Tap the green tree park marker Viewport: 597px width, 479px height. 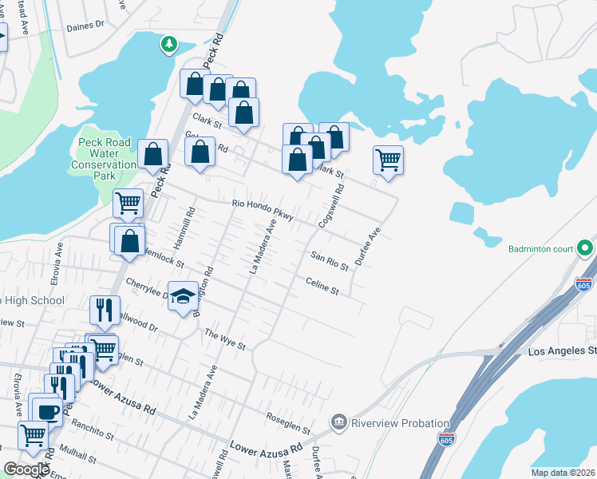[168, 45]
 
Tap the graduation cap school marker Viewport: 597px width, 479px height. [183, 295]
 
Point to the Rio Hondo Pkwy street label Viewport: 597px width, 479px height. [263, 209]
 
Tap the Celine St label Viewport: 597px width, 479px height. [322, 286]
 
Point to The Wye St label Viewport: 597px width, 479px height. [224, 340]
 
